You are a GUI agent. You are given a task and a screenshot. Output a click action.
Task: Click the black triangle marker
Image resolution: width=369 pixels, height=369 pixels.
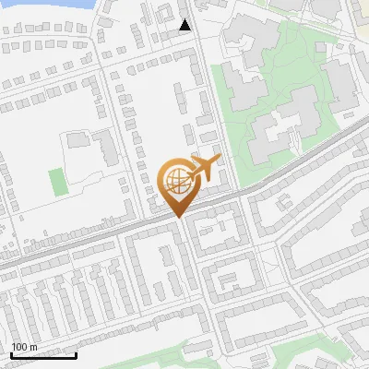(185, 25)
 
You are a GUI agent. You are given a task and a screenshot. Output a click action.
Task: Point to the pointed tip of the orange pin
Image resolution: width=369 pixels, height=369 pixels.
(176, 217)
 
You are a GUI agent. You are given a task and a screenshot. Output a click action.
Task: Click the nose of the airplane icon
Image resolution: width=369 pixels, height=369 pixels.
(219, 160)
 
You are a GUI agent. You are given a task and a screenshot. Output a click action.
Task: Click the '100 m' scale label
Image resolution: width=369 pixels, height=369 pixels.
(24, 347)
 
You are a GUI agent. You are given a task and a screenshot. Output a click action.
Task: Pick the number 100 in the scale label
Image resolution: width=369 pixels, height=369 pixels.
(19, 347)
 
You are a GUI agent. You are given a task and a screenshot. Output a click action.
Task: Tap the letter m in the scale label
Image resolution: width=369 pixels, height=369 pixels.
(33, 347)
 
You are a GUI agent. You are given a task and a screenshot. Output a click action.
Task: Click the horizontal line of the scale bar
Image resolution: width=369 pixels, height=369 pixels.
(43, 355)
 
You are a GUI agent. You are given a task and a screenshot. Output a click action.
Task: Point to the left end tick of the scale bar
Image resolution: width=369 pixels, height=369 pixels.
(11, 353)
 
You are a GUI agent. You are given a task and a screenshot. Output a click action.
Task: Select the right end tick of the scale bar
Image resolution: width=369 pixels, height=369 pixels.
(76, 353)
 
